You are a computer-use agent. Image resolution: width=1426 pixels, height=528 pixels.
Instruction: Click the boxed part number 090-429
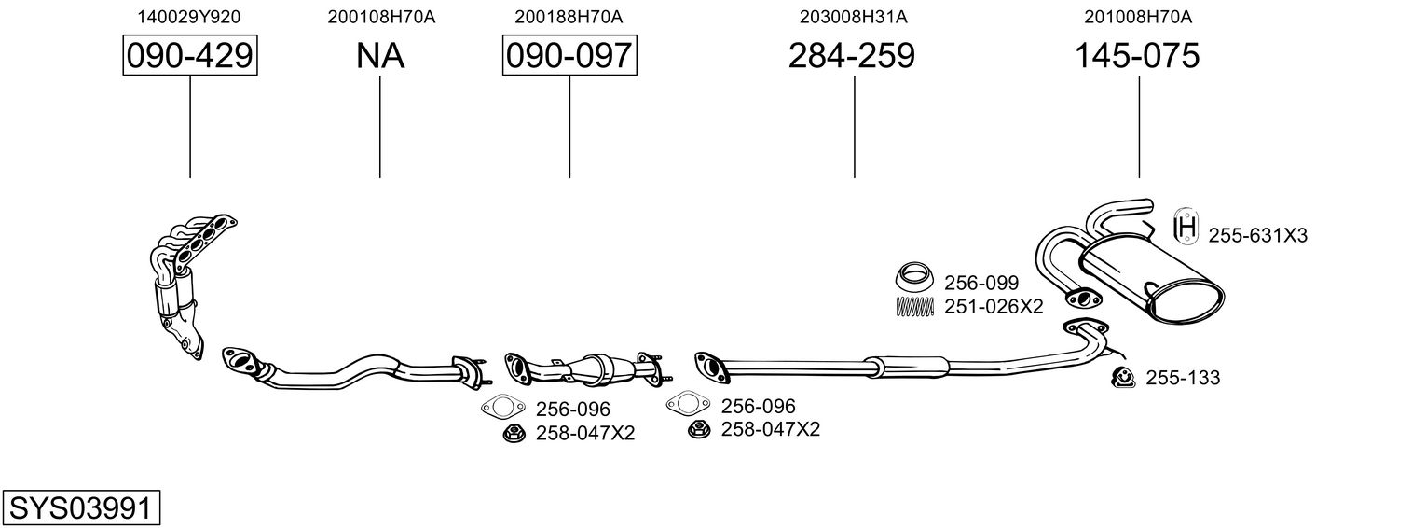[190, 55]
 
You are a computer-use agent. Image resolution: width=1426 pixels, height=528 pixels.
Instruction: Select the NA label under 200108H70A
[380, 56]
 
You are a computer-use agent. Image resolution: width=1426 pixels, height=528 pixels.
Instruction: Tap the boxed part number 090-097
[569, 55]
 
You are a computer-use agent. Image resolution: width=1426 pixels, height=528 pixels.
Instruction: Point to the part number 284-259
[851, 56]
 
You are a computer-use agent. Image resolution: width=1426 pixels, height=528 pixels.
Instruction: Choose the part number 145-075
[1137, 56]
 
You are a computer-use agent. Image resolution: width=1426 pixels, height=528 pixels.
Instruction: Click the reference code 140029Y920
[189, 17]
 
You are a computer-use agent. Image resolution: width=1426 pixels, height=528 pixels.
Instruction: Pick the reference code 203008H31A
[853, 17]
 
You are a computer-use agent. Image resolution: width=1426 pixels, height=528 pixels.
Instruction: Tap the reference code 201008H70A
[1138, 17]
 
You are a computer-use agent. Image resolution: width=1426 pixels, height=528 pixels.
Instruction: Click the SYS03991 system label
[81, 508]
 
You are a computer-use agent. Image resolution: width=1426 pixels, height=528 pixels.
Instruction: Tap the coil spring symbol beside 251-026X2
[915, 307]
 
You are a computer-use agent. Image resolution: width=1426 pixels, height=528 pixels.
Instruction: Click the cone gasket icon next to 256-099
[915, 276]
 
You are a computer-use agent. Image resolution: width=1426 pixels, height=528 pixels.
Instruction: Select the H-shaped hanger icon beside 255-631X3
[1186, 226]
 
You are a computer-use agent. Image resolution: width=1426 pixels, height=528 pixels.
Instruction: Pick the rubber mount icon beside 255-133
[1124, 377]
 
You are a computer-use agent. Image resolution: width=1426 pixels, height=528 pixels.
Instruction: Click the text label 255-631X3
[1258, 236]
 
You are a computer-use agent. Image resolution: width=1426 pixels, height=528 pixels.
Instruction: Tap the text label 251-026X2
[994, 307]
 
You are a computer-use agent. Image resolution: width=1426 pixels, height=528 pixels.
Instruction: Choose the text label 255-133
[1183, 378]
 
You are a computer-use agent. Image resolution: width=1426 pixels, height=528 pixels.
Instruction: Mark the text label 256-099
[981, 283]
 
